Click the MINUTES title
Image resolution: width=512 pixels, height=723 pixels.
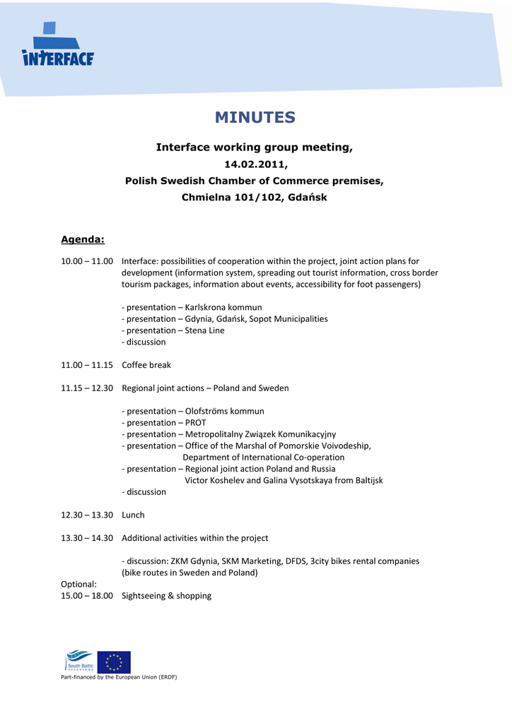click(x=255, y=117)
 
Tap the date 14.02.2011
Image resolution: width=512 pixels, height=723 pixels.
click(x=255, y=165)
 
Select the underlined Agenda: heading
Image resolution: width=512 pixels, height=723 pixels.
click(x=83, y=239)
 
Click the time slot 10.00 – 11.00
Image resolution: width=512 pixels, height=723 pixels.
click(x=87, y=261)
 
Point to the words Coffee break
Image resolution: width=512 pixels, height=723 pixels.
click(x=146, y=365)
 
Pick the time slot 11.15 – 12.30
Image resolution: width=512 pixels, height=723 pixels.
click(x=87, y=388)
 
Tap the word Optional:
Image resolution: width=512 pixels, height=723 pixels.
click(x=78, y=585)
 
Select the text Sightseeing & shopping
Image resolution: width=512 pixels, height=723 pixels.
click(x=166, y=596)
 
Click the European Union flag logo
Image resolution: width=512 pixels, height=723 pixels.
click(x=114, y=662)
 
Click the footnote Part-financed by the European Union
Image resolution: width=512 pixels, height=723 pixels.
click(x=119, y=677)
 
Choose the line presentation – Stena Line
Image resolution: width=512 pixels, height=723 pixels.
click(x=173, y=330)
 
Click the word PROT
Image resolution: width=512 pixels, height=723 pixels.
click(x=196, y=423)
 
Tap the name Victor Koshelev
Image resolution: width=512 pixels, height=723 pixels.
click(x=213, y=480)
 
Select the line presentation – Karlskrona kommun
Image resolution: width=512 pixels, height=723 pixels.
click(x=192, y=307)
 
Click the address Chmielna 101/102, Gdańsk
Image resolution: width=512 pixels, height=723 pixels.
click(x=255, y=198)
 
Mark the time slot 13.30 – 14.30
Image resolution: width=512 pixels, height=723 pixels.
click(x=87, y=538)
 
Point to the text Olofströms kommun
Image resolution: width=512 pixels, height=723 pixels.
click(x=225, y=412)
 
